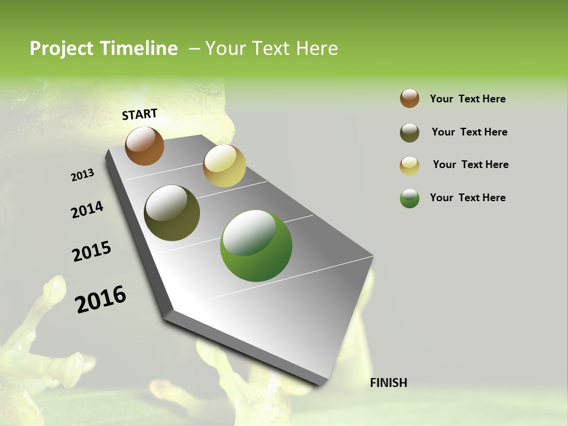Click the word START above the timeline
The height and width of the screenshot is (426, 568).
point(140,114)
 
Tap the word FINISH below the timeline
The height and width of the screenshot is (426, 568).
point(388,383)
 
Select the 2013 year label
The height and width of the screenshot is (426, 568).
point(83,175)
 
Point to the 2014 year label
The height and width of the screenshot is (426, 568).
point(88,210)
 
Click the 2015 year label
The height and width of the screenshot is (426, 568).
point(92,251)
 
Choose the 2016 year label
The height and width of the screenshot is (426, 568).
point(101,299)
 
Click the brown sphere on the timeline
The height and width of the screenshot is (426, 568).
point(144,146)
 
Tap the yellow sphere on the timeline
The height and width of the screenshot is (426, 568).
point(224,166)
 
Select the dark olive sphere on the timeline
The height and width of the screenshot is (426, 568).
point(172,213)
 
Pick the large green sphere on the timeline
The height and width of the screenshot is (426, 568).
point(256,246)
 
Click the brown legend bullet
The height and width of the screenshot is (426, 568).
point(409,99)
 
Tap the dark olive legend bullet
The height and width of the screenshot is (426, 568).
point(409,133)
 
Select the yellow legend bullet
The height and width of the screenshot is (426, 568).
point(409,166)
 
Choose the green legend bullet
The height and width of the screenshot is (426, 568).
point(409,198)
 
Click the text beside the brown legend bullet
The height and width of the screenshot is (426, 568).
point(467,99)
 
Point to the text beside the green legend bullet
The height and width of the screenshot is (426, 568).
point(467,198)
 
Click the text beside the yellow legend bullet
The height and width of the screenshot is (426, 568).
point(470,164)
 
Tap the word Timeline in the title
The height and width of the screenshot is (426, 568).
point(139,49)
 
